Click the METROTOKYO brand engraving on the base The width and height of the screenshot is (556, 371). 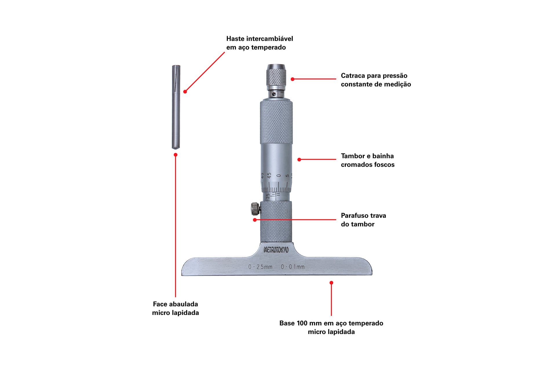[276, 250]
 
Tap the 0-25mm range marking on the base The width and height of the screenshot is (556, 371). [260, 267]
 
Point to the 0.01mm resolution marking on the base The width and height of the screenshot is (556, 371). [293, 267]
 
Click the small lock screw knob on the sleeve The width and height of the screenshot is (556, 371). [255, 209]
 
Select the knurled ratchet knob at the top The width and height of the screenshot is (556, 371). [276, 76]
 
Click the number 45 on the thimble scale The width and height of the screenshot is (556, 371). [269, 176]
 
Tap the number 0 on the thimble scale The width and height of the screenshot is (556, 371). [279, 176]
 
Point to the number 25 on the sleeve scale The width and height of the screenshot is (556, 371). [268, 196]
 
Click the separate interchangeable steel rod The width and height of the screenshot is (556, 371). [176, 107]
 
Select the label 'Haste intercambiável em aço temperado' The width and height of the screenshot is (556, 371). [259, 43]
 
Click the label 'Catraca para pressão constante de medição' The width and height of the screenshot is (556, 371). [376, 80]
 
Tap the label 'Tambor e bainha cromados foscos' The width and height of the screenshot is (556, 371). [368, 160]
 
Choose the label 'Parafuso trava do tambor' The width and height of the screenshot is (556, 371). [363, 220]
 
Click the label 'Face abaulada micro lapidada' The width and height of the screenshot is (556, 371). [175, 308]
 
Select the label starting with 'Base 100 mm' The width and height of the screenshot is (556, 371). [331, 328]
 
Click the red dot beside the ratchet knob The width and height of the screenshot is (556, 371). [292, 79]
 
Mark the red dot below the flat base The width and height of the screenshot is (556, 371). [331, 283]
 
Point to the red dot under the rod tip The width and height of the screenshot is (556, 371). [175, 155]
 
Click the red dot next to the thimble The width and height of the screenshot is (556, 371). [299, 159]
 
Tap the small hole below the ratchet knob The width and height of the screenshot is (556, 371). [274, 94]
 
